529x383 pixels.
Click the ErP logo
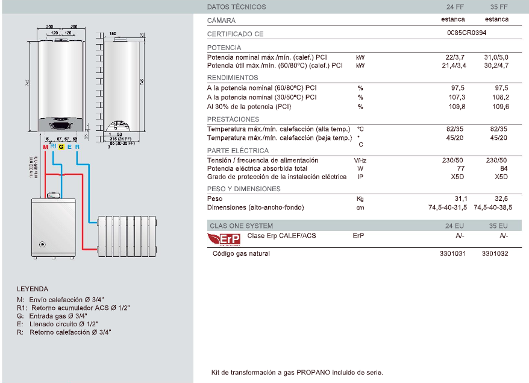(224, 239)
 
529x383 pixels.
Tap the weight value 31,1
(461, 198)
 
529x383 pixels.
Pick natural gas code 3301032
(495, 254)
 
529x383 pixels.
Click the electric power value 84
(504, 169)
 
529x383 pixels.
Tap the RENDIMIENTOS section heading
(233, 78)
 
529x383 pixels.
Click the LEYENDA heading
(33, 289)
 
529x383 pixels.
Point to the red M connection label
(46, 147)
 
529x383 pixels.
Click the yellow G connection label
(61, 147)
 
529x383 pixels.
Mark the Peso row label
(214, 198)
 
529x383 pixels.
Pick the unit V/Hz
(360, 160)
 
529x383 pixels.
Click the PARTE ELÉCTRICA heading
(238, 151)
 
